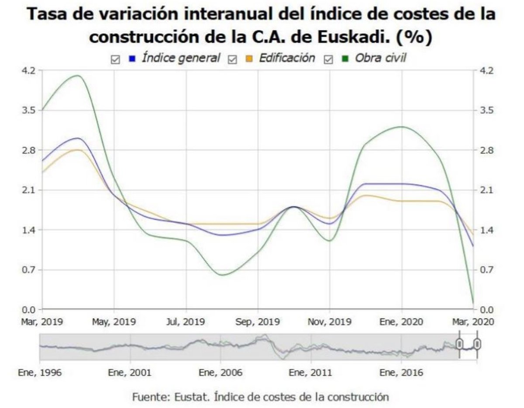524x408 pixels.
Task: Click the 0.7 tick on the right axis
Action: (x=486, y=270)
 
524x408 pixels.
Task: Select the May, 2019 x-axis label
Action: (x=114, y=322)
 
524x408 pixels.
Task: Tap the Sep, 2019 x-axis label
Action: (x=258, y=322)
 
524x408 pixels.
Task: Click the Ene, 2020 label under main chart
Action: (x=402, y=322)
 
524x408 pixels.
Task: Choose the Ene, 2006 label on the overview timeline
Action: (x=221, y=373)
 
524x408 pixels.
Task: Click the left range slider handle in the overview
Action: (x=459, y=344)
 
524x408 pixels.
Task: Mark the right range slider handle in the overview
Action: (x=477, y=344)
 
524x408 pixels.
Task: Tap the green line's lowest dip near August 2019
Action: (x=223, y=275)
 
